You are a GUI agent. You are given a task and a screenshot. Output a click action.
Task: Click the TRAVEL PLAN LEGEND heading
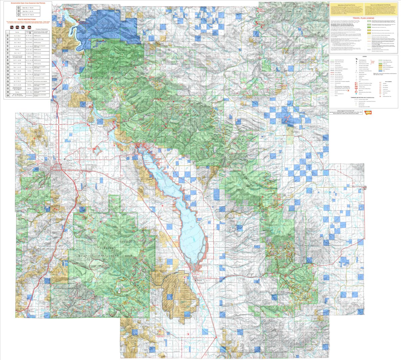click(x=364, y=18)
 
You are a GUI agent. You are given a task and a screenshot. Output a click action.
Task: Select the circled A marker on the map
click(x=285, y=195)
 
